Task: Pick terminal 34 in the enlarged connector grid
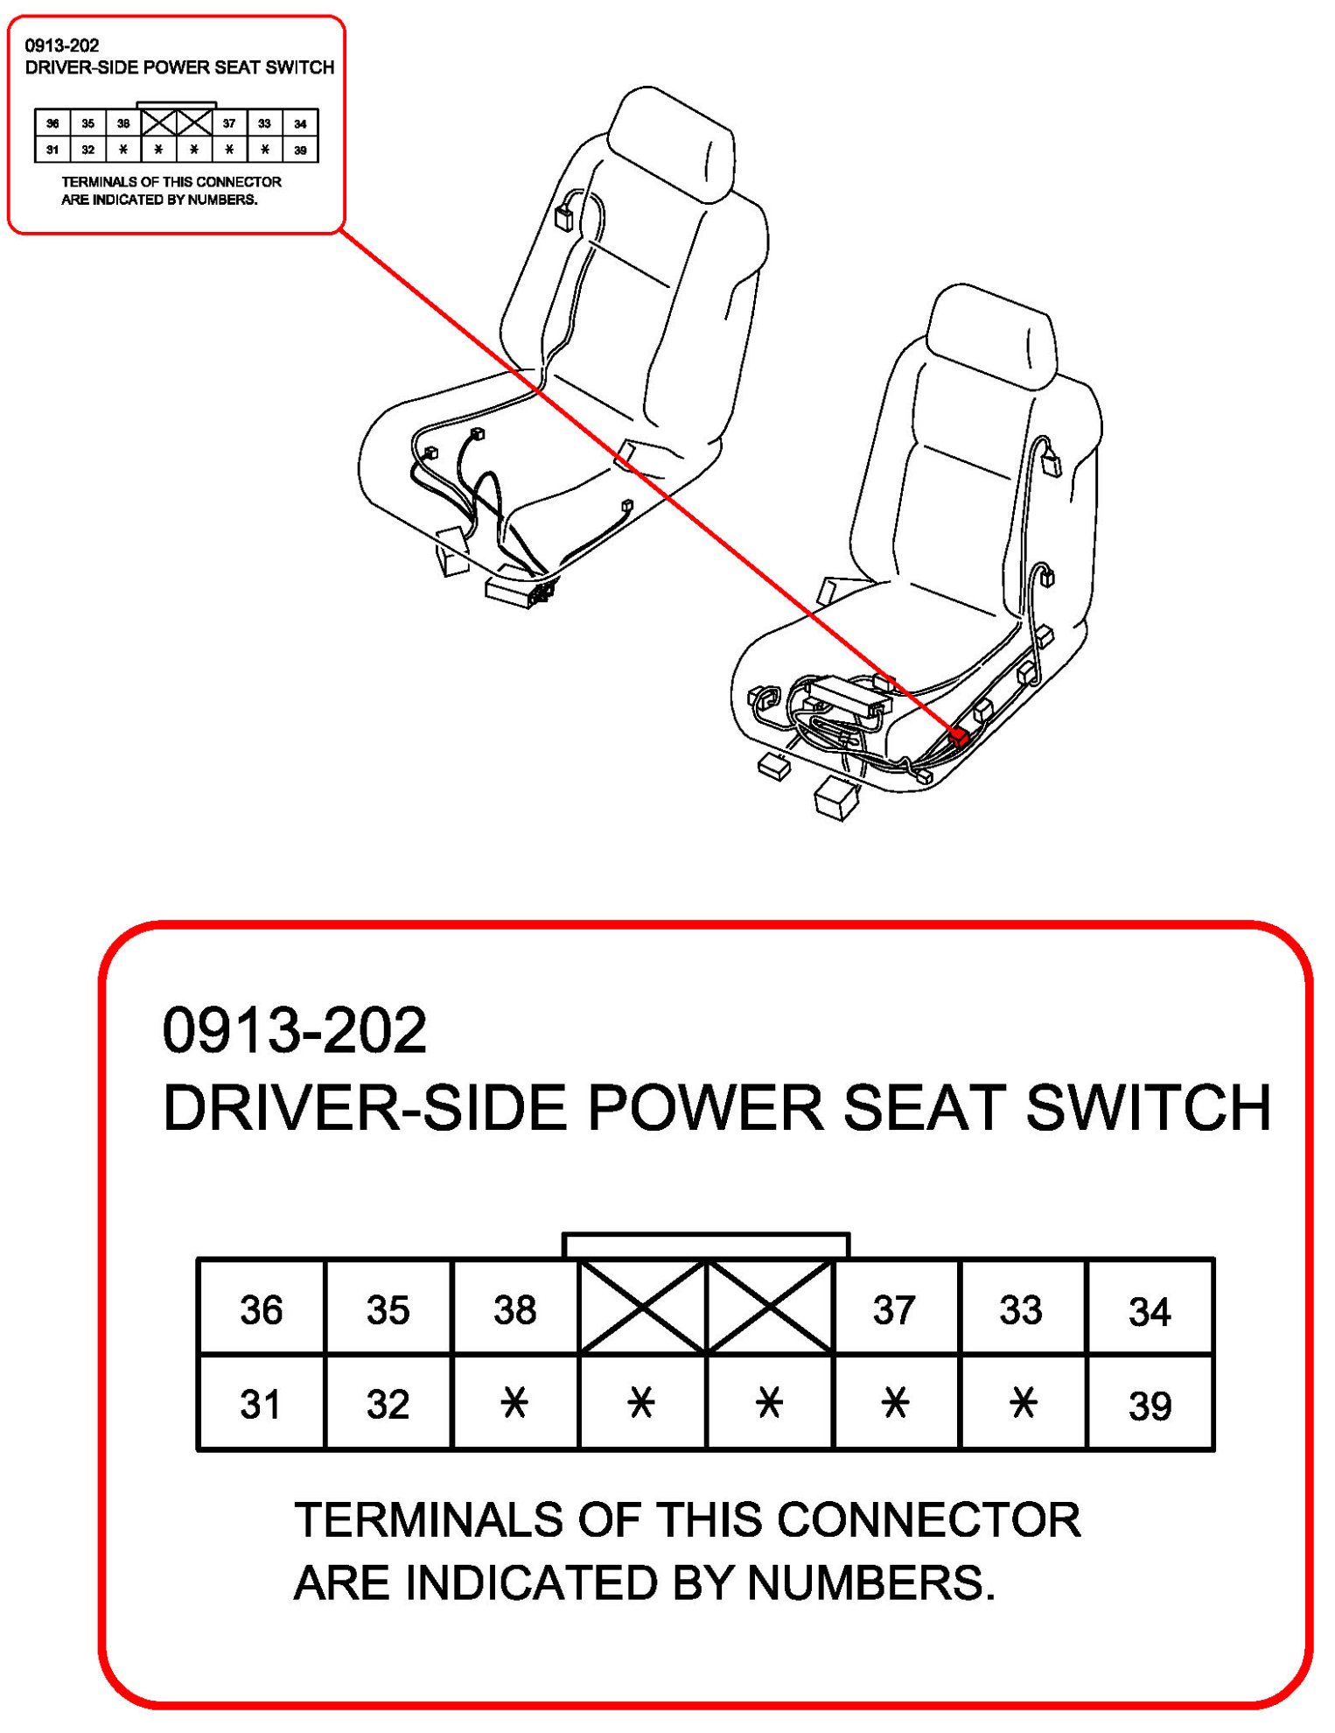pos(1149,1311)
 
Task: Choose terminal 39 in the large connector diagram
pos(1149,1406)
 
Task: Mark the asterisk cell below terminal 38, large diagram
pos(514,1404)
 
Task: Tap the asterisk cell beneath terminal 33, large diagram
pos(1022,1404)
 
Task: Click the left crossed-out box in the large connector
pos(642,1308)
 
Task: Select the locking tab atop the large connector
pos(705,1245)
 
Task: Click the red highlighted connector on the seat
pos(960,737)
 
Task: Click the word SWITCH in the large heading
pos(1148,1108)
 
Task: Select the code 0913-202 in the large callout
pos(295,1030)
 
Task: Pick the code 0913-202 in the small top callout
pos(62,46)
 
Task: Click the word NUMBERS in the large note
pos(870,1582)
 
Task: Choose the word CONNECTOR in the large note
pos(928,1519)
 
